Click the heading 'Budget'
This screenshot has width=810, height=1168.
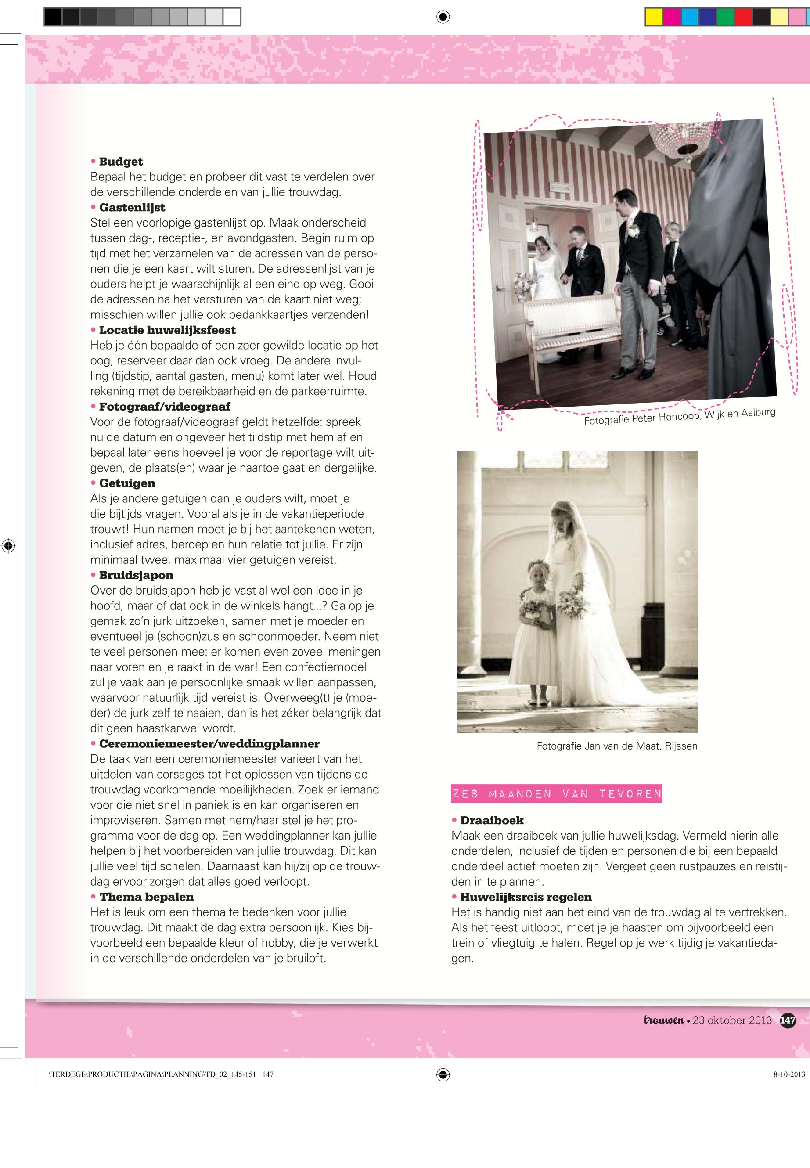coord(121,162)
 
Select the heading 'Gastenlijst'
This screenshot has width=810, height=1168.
coord(132,208)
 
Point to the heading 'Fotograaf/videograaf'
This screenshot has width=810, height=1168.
coord(165,407)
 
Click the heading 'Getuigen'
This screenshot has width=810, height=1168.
coord(127,483)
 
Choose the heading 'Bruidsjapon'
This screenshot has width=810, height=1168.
coord(136,575)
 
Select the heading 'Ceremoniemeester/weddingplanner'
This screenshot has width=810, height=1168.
coord(209,744)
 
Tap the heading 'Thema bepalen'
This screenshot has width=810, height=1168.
coord(146,897)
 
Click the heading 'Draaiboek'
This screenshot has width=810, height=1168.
coord(491,820)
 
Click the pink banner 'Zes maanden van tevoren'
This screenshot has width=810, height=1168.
coord(557,794)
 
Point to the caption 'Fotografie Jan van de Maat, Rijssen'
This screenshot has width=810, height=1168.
coord(617,746)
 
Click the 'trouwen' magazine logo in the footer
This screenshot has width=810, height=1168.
coord(664,1020)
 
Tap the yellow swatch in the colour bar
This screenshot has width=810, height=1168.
coord(654,17)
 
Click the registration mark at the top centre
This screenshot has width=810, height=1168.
coord(443,17)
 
